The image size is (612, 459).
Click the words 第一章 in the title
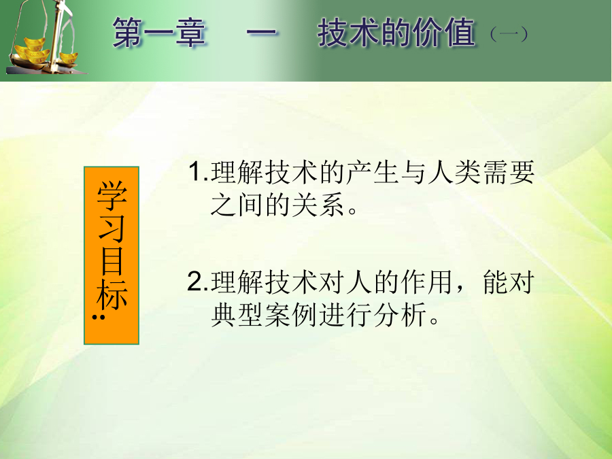159,33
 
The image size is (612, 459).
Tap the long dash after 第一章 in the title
262,33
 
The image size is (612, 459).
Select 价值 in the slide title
445,33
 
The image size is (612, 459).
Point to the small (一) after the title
509,34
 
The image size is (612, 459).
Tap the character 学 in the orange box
112,196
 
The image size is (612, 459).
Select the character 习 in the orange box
112,228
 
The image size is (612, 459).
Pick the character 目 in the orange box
112,260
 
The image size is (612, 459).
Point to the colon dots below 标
99,317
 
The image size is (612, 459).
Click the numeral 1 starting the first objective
194,171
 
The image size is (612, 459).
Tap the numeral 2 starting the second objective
195,281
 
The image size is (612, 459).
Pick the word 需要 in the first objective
509,172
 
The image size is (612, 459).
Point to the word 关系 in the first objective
318,204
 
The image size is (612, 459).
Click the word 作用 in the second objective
427,282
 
